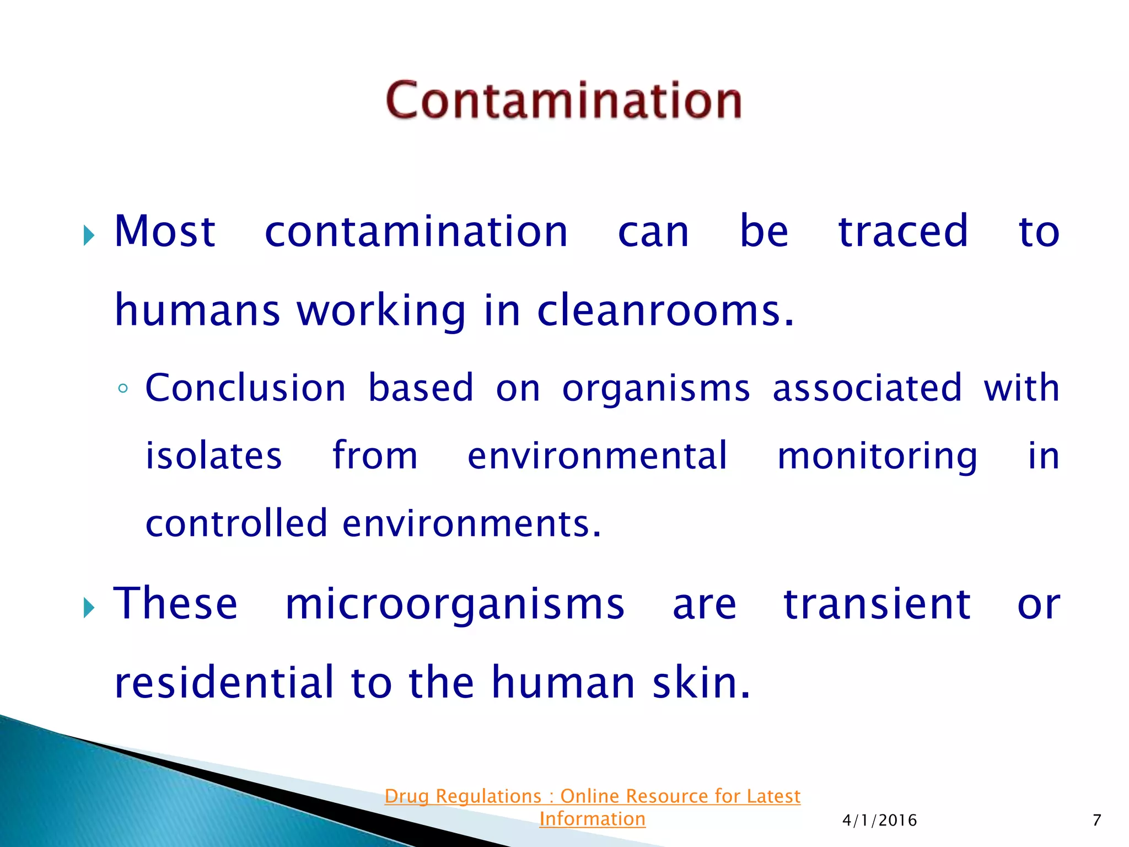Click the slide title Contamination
pyautogui.click(x=563, y=100)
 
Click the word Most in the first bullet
pyautogui.click(x=164, y=232)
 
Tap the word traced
pyautogui.click(x=903, y=232)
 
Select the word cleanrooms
pyautogui.click(x=664, y=310)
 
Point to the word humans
pyautogui.click(x=197, y=310)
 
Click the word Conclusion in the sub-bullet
pyautogui.click(x=245, y=388)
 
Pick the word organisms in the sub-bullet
pyautogui.click(x=656, y=389)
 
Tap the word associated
pyautogui.click(x=867, y=388)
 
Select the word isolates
pyautogui.click(x=213, y=456)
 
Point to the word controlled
pyautogui.click(x=236, y=523)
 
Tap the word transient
pyautogui.click(x=877, y=604)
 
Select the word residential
pyautogui.click(x=224, y=683)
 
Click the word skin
pyautogui.click(x=701, y=683)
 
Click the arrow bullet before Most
pyautogui.click(x=89, y=236)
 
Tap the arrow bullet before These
pyautogui.click(x=89, y=609)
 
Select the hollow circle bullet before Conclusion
pyautogui.click(x=123, y=389)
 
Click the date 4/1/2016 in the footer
pyautogui.click(x=879, y=821)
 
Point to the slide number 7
pyautogui.click(x=1096, y=821)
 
